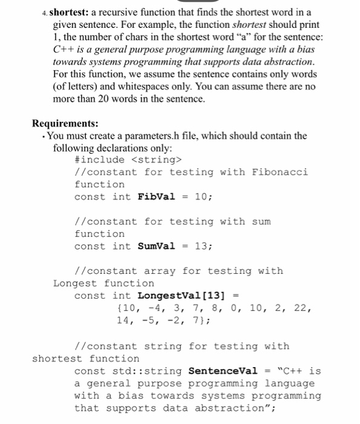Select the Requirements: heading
(65, 124)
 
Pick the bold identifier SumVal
(157, 246)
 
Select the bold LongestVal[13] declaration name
(181, 296)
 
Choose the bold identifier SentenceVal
(223, 371)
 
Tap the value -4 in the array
(154, 308)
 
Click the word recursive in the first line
(125, 13)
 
